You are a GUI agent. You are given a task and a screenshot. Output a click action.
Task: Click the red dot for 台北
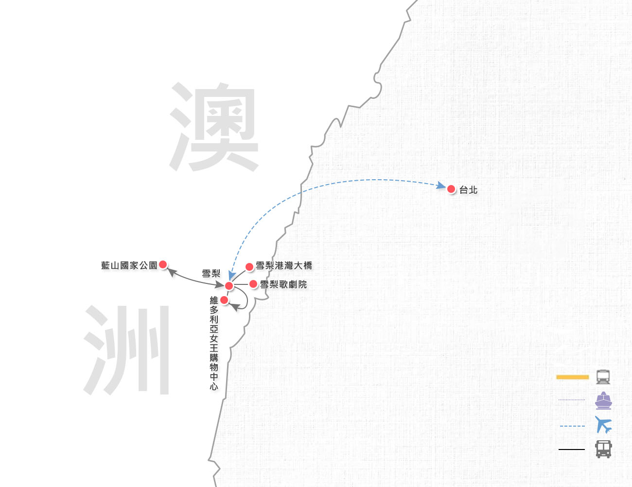click(451, 189)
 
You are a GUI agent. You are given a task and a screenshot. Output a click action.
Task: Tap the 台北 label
click(468, 190)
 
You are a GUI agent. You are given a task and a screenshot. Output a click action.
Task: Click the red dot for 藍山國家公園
click(163, 264)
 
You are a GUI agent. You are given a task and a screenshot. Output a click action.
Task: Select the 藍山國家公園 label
click(129, 265)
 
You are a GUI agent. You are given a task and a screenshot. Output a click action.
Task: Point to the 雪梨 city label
click(211, 274)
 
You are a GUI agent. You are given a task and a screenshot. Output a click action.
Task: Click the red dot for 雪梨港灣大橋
click(249, 267)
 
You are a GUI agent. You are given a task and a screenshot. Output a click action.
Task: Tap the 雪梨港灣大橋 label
click(284, 265)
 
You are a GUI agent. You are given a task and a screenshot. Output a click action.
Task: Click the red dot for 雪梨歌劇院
click(253, 284)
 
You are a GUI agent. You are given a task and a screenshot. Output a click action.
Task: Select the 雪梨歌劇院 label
click(283, 284)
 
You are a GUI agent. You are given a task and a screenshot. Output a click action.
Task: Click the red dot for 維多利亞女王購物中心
click(224, 300)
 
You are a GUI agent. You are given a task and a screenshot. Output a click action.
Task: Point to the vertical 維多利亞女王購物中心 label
click(214, 343)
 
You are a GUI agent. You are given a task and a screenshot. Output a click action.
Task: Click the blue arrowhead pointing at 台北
click(441, 186)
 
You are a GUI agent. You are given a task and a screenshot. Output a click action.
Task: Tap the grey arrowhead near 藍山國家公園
click(172, 272)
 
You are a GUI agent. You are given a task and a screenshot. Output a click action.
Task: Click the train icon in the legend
click(603, 377)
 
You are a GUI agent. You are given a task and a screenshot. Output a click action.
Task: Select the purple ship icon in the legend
click(603, 400)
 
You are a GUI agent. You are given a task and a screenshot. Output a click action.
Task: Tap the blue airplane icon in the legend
click(603, 425)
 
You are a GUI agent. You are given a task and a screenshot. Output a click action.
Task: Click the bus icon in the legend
click(603, 449)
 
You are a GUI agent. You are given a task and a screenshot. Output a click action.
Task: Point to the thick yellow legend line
click(572, 377)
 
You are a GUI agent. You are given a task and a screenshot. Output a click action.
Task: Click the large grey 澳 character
click(214, 127)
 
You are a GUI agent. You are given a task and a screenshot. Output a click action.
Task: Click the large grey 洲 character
click(126, 350)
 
